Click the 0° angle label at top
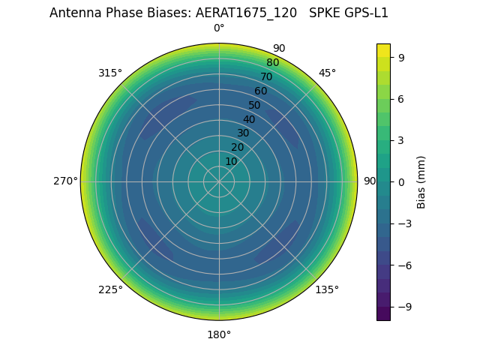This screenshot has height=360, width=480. click(x=219, y=28)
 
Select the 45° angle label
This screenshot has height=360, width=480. click(x=327, y=73)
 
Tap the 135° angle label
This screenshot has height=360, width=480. click(x=327, y=289)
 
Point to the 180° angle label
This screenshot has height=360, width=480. click(x=219, y=334)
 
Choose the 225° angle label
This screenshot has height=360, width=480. click(x=110, y=289)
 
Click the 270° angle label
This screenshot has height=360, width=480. click(x=65, y=181)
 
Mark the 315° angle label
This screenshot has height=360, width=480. click(x=110, y=73)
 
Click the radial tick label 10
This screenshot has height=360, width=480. click(x=231, y=161)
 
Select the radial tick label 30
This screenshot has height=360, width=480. click(x=243, y=133)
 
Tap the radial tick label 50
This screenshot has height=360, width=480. click(x=254, y=105)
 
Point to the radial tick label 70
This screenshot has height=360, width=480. click(x=266, y=76)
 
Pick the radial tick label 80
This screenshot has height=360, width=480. click(x=272, y=62)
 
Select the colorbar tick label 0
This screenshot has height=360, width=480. click(x=402, y=181)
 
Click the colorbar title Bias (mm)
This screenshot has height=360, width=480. click(x=421, y=181)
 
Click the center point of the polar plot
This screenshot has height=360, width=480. click(x=219, y=181)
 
